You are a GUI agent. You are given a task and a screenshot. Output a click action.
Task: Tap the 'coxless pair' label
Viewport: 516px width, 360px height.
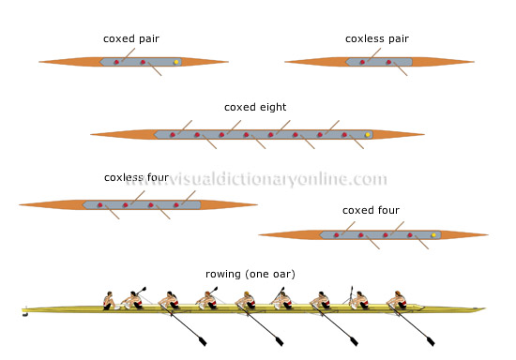pyautogui.click(x=376, y=39)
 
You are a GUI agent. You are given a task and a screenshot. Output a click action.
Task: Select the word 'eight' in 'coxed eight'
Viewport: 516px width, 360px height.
pyautogui.click(x=268, y=107)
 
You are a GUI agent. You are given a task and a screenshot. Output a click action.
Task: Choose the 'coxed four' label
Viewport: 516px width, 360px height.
pyautogui.click(x=370, y=209)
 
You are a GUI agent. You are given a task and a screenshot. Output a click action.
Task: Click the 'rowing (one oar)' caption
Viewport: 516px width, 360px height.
pyautogui.click(x=250, y=274)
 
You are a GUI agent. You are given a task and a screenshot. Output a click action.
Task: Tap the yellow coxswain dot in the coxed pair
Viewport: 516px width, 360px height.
pyautogui.click(x=176, y=63)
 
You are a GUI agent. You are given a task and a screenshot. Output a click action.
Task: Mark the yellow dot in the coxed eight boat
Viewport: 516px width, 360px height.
pyautogui.click(x=368, y=135)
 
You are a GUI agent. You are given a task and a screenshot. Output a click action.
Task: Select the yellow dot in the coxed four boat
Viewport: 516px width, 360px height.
pyautogui.click(x=434, y=234)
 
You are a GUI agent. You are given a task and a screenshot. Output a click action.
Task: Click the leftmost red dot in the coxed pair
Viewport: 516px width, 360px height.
pyautogui.click(x=115, y=63)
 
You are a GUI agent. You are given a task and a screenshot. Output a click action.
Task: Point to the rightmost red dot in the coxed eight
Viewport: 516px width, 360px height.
pyautogui.click(x=344, y=135)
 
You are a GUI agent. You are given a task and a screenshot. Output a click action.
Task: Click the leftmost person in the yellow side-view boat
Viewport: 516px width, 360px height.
pyautogui.click(x=109, y=300)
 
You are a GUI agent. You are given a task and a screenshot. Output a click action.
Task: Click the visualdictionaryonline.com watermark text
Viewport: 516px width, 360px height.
pyautogui.click(x=258, y=179)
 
